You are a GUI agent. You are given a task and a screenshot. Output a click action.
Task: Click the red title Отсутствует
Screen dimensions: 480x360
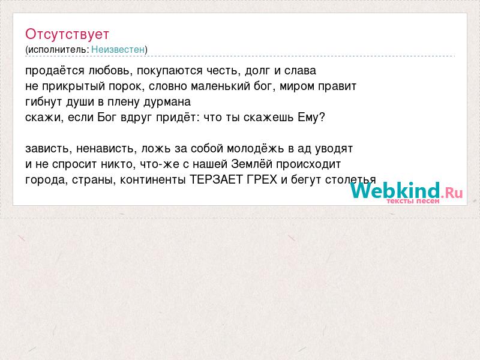pos(67,34)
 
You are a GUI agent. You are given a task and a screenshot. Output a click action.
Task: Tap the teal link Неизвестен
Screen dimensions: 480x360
pos(118,49)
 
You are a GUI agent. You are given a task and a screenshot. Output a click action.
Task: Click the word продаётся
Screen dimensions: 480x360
pos(55,71)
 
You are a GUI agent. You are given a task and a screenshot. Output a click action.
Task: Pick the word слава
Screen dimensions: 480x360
pos(300,71)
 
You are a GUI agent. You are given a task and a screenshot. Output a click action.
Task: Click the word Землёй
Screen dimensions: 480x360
pos(251,164)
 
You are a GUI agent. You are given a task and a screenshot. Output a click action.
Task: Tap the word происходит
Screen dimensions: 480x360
pos(308,164)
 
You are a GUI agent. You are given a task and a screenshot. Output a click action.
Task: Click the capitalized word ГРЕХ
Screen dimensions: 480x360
pos(262,179)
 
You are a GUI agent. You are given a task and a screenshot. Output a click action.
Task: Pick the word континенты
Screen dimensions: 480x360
pos(152,179)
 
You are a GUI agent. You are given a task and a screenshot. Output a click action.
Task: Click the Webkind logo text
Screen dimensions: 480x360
pos(406,191)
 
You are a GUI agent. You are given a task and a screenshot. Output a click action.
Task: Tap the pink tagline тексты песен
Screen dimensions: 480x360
pos(413,201)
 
